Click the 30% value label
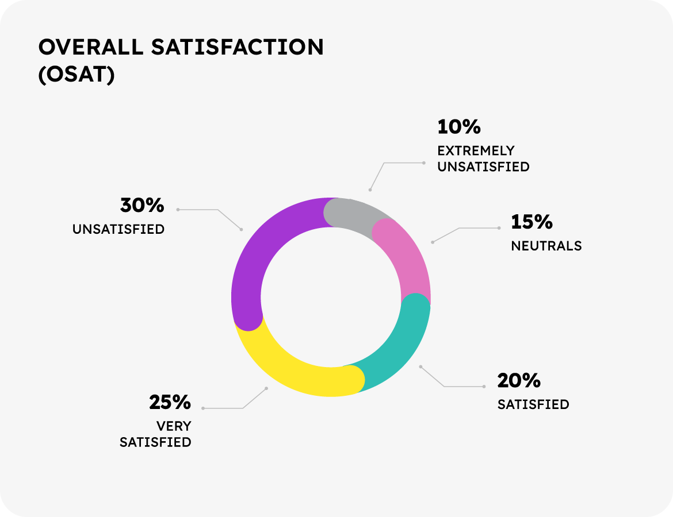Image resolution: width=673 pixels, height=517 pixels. [x=142, y=205]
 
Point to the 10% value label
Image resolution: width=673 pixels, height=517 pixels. [x=458, y=126]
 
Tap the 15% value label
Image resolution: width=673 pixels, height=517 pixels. [x=531, y=222]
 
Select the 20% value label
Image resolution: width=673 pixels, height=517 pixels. [x=519, y=380]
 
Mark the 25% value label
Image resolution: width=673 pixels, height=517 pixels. [x=170, y=402]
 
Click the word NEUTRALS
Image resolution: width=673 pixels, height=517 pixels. [x=546, y=246]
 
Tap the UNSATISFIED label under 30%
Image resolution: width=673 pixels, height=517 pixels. [x=118, y=229]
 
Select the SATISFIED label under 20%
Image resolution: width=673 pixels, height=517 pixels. [x=533, y=404]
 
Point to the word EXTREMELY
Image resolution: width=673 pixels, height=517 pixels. [x=476, y=151]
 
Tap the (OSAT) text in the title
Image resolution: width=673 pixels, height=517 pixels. [x=77, y=76]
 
